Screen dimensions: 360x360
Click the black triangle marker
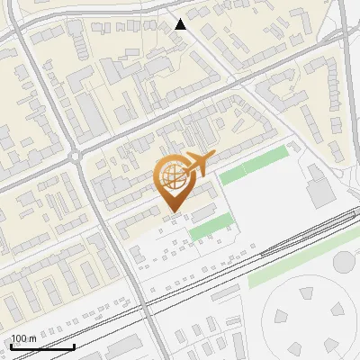[181, 24]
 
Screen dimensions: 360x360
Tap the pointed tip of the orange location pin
[172, 211]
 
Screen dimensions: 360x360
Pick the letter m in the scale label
[32, 338]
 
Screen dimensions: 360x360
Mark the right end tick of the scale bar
[74, 346]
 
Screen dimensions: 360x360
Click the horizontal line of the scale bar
[41, 347]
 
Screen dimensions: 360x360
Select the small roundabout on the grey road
[76, 156]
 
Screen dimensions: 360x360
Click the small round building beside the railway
[345, 262]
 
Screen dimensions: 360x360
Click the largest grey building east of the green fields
[319, 191]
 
